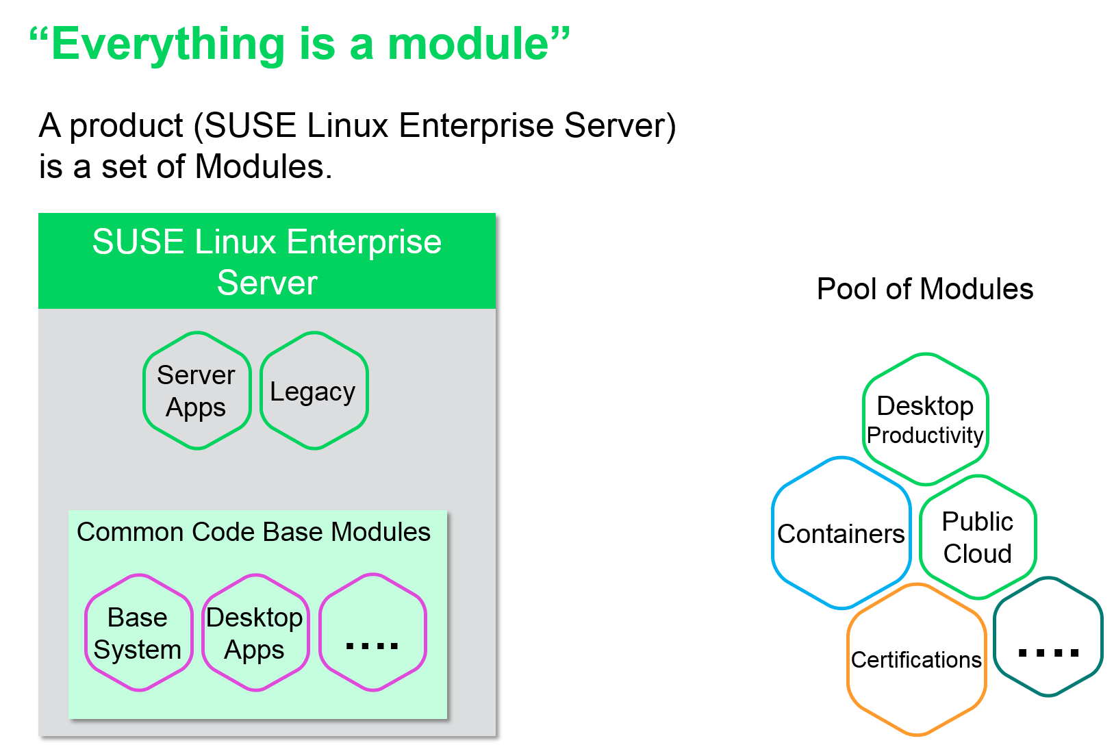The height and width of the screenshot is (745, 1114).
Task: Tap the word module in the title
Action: [468, 45]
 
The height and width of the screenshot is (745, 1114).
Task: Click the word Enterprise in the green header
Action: [364, 242]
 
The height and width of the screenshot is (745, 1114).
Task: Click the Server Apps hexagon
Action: [197, 391]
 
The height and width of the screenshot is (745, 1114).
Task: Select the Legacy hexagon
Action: [314, 391]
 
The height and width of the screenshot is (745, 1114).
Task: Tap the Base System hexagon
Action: [138, 633]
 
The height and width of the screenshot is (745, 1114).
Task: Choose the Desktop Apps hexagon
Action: [255, 633]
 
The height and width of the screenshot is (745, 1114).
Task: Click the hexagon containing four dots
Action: [372, 633]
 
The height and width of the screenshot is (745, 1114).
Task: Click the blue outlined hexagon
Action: [841, 533]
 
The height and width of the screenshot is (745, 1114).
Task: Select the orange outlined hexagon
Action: [917, 659]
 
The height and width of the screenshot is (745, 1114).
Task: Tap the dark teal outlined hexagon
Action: [1048, 637]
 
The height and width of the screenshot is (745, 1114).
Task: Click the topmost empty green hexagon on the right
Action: [926, 418]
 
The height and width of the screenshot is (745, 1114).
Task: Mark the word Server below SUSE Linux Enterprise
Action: [267, 283]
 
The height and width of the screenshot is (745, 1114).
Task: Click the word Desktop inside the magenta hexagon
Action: [255, 618]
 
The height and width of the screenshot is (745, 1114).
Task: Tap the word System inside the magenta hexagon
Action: [138, 649]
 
